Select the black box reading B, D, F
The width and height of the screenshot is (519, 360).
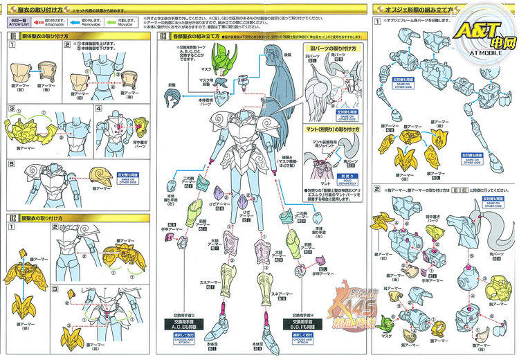click(302, 325)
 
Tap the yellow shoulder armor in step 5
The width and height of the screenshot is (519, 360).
click(102, 176)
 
